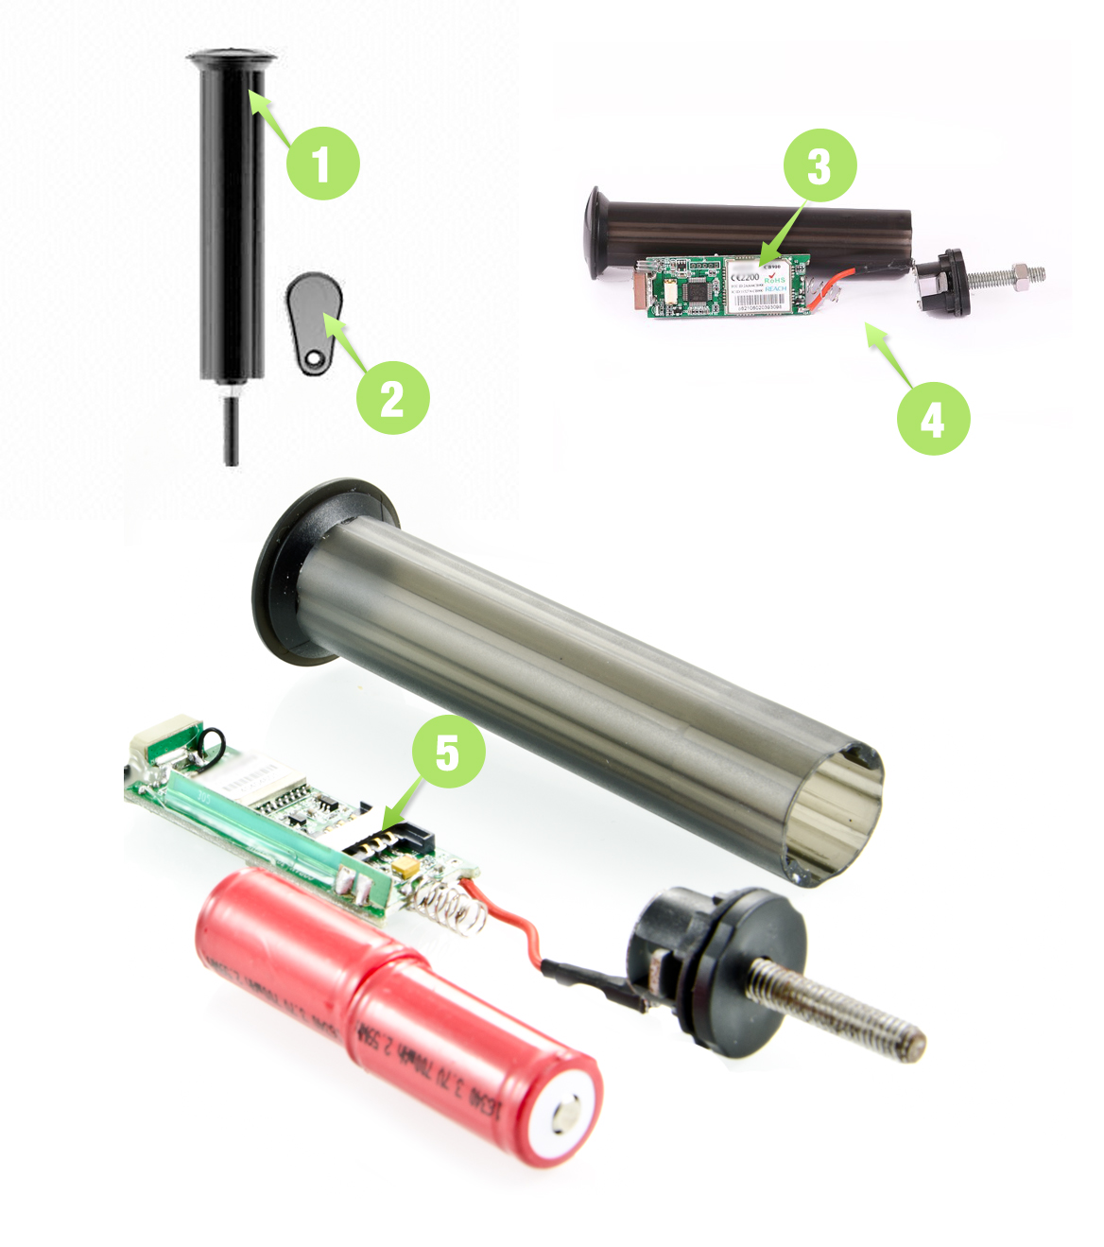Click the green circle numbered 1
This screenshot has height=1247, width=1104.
(322, 163)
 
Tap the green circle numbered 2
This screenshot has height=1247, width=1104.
(392, 397)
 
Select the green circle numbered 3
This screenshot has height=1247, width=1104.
(819, 165)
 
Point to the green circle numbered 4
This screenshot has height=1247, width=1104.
(933, 419)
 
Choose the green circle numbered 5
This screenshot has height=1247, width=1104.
(448, 752)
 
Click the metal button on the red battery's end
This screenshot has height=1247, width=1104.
(568, 1117)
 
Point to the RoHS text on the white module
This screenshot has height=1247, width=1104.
(775, 281)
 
